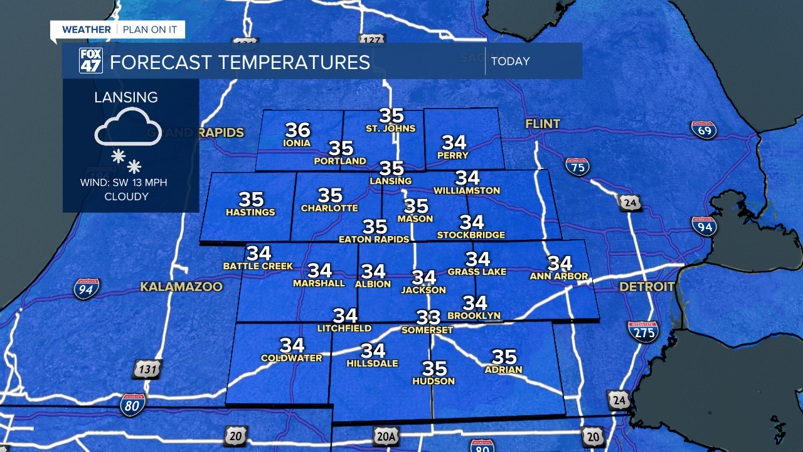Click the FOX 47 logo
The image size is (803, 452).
[90, 61]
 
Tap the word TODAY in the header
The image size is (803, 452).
[511, 62]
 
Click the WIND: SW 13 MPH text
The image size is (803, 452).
[124, 183]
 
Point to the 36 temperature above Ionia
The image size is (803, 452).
[298, 130]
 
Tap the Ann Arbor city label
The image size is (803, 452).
[559, 276]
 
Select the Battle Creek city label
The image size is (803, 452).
[258, 266]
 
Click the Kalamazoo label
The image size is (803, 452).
[181, 287]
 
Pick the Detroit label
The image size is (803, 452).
[647, 287]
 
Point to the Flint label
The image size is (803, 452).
[543, 124]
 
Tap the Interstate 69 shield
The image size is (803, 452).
[703, 130]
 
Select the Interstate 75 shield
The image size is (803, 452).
[577, 166]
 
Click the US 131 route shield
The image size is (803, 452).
[147, 369]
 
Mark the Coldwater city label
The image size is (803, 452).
[291, 358]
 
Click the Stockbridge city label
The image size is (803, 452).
[471, 235]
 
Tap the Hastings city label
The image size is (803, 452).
[250, 212]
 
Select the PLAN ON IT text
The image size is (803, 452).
[150, 30]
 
